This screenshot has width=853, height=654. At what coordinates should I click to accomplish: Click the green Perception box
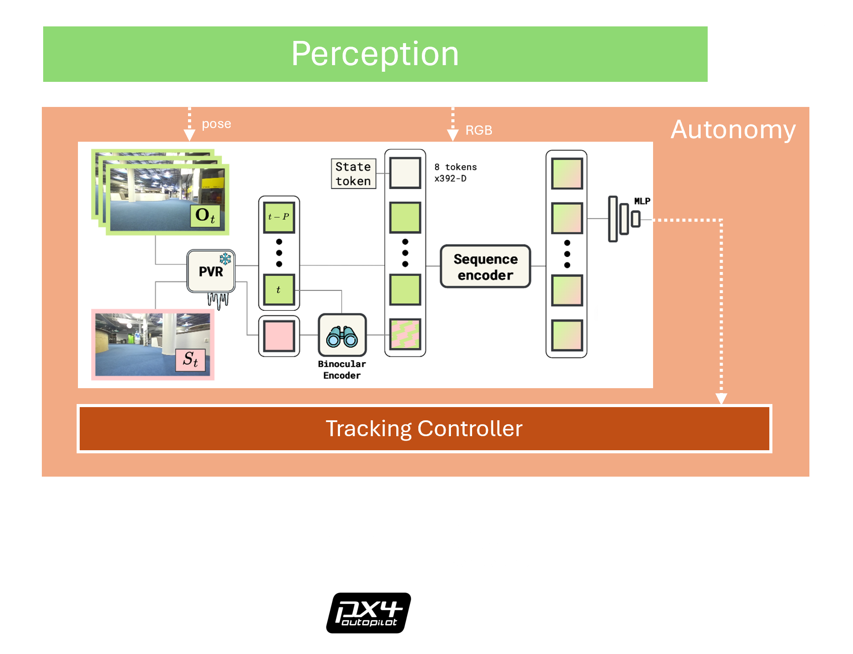375,54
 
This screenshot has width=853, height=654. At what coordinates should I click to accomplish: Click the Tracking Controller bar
424,429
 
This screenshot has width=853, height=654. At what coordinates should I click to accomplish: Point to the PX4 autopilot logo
368,613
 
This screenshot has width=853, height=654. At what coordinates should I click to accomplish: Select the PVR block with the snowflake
211,272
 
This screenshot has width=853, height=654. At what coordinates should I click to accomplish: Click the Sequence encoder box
485,267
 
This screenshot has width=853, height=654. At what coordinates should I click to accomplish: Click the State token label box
353,174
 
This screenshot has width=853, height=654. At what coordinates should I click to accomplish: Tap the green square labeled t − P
279,217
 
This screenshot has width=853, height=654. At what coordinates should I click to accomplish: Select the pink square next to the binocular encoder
279,336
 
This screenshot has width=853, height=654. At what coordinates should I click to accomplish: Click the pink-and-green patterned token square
405,334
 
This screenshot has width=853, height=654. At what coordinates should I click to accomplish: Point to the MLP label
642,201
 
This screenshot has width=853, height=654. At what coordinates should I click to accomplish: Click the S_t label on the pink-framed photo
190,360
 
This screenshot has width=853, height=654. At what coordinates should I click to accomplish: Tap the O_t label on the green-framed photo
205,215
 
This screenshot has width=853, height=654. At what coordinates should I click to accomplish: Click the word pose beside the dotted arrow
216,124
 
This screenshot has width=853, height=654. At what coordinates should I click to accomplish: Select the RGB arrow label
479,130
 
